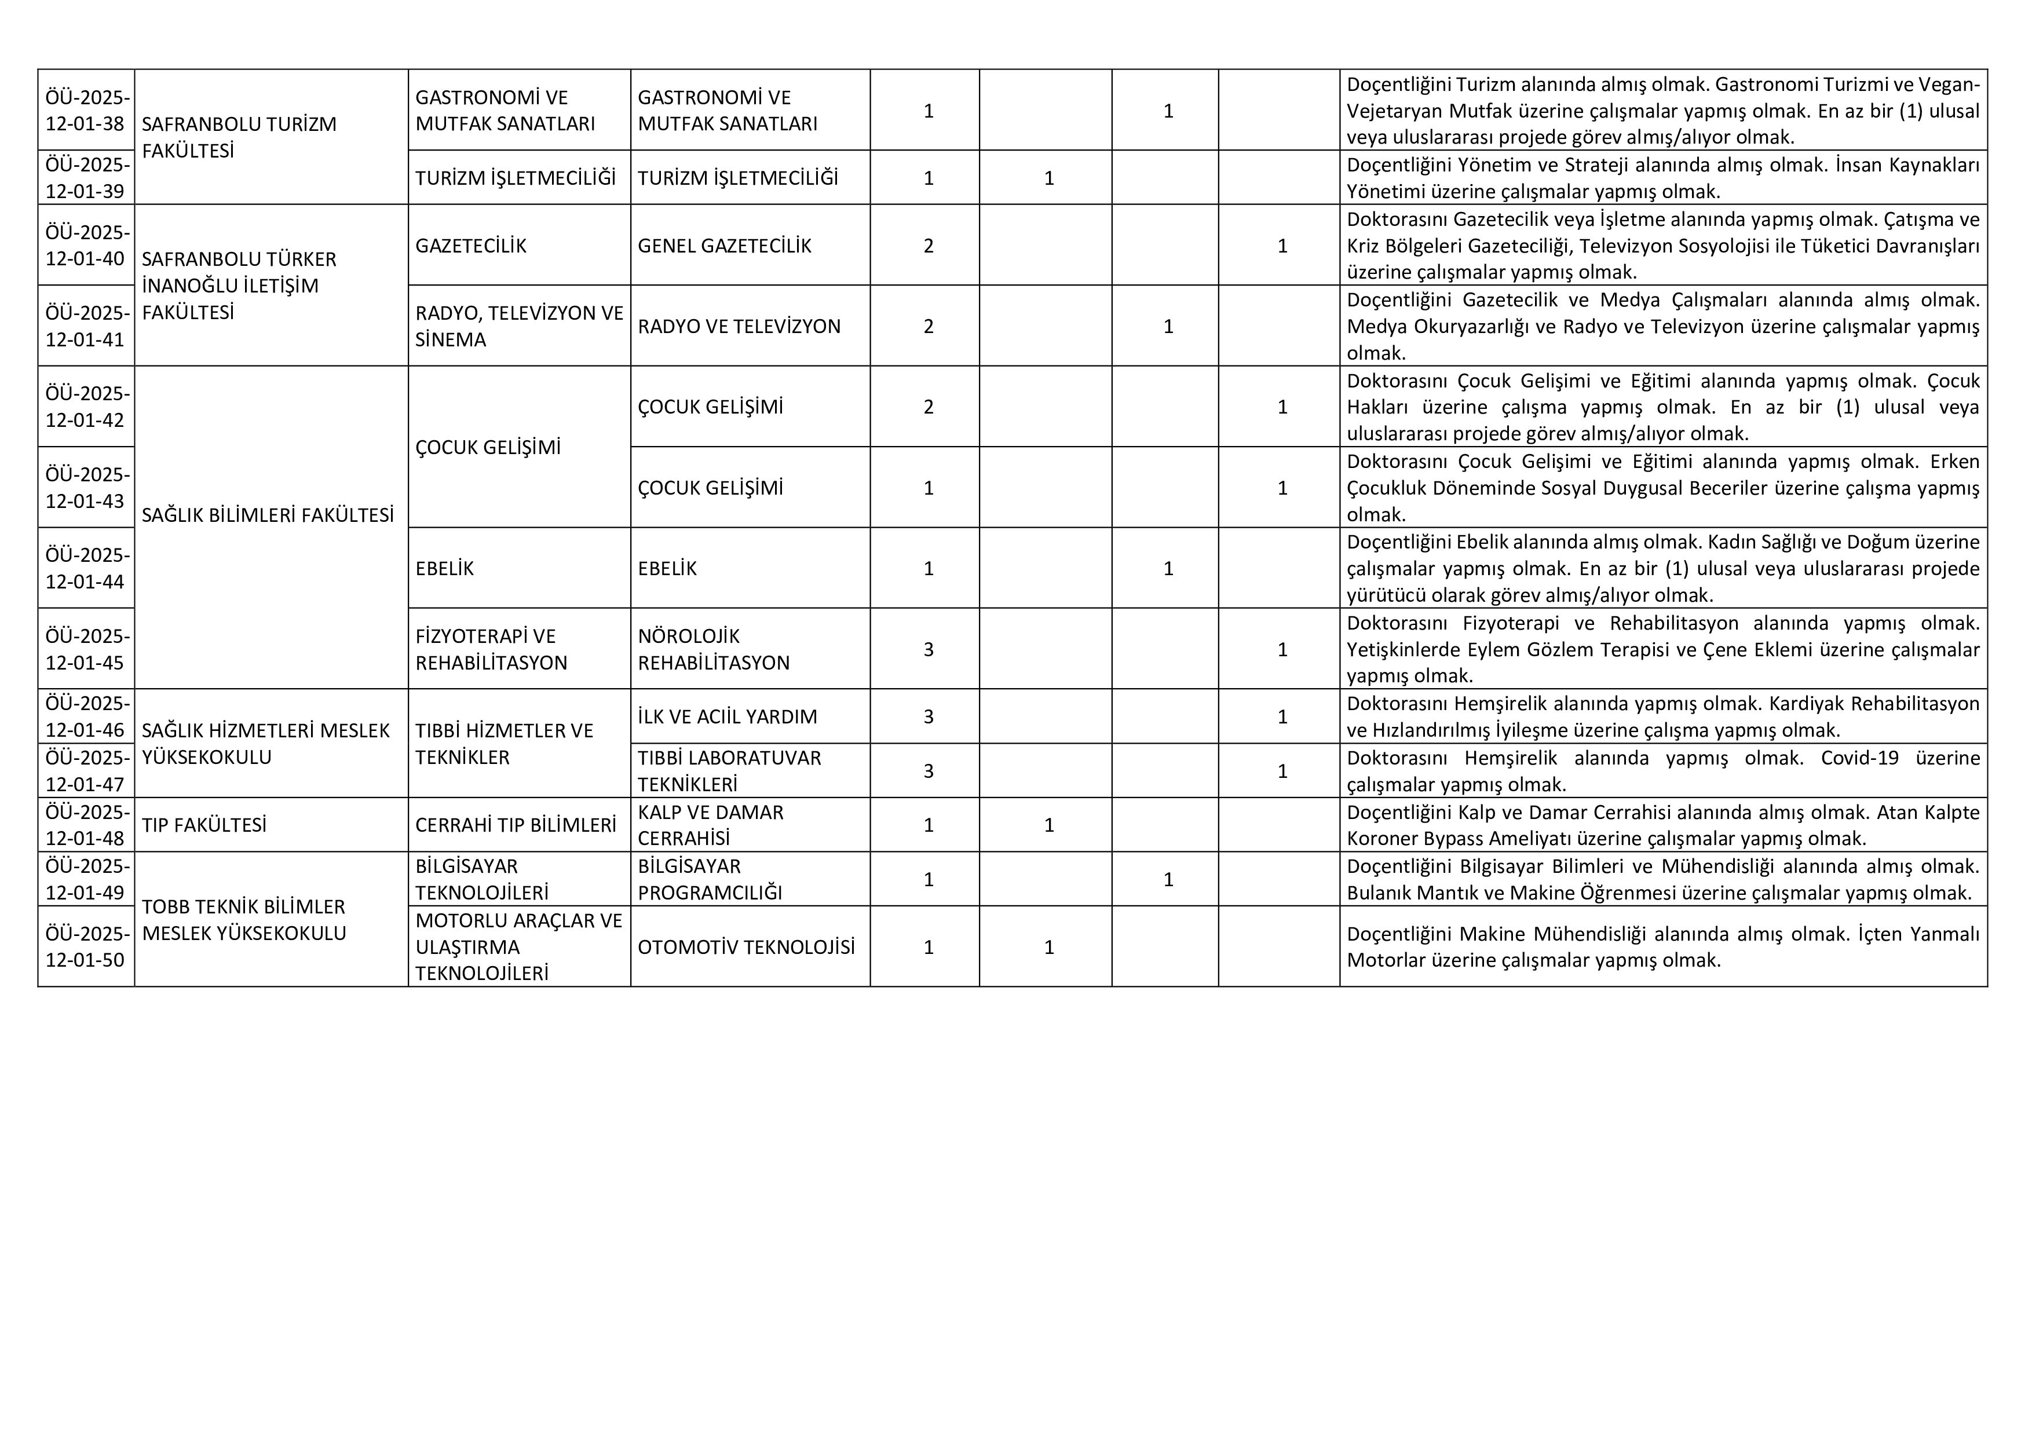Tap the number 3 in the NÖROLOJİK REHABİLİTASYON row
(929, 649)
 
